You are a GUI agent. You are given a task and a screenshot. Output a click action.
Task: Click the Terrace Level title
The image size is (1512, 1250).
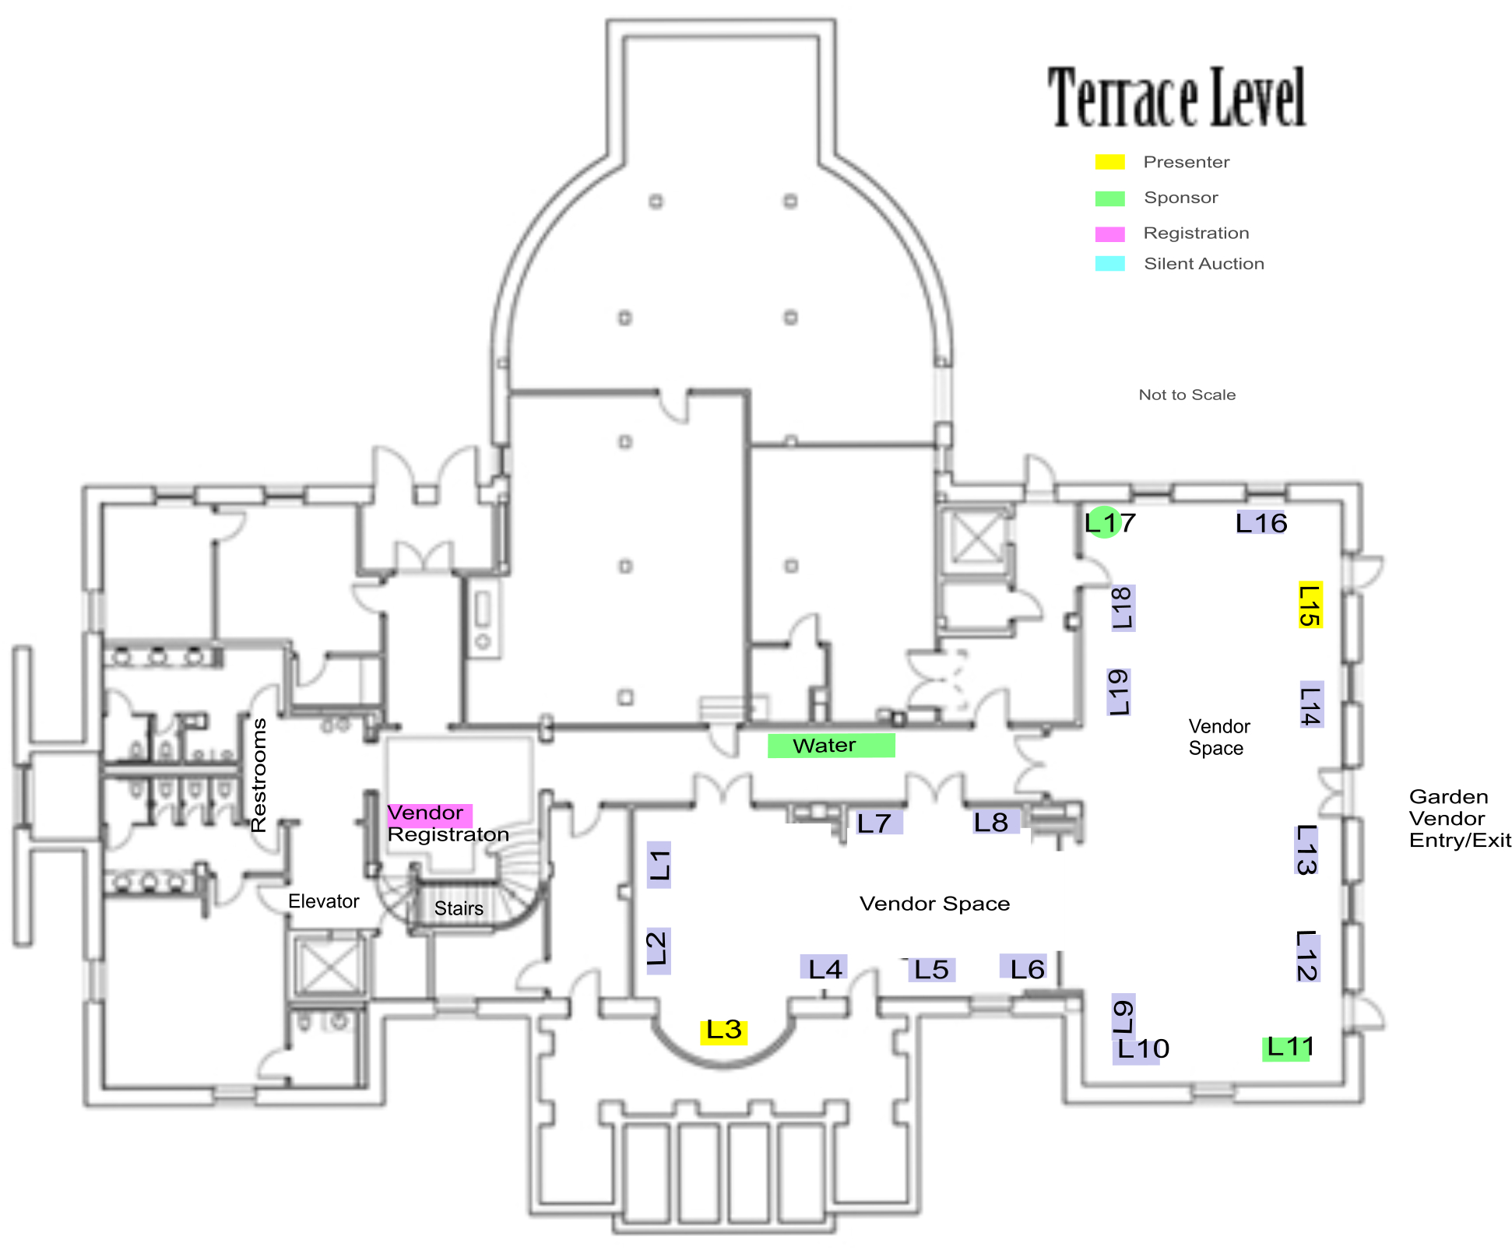(x=1176, y=97)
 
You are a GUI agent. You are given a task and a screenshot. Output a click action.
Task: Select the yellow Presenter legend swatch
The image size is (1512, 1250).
(x=1109, y=162)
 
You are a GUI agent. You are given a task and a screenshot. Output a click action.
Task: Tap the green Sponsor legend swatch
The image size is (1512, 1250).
(x=1109, y=198)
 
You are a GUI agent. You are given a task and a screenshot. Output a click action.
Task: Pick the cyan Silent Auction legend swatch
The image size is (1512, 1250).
(x=1109, y=264)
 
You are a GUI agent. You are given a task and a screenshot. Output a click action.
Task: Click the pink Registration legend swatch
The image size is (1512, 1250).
(x=1109, y=233)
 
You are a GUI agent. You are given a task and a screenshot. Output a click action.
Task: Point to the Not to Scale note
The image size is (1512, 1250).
(x=1187, y=395)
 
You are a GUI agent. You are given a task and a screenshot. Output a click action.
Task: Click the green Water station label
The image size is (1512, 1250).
(x=831, y=746)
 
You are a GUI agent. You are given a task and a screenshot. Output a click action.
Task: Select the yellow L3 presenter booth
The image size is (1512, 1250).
(x=724, y=1031)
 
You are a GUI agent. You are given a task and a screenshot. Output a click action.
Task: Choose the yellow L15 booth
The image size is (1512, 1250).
(x=1310, y=606)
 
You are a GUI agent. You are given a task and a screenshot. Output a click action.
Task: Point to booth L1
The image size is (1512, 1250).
(x=659, y=865)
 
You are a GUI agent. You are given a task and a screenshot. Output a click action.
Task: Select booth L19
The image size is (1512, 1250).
(x=1119, y=692)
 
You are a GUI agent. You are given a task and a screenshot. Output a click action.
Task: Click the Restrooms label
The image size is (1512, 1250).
(x=258, y=775)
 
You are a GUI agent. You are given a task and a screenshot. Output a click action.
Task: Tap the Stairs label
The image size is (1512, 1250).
(x=459, y=908)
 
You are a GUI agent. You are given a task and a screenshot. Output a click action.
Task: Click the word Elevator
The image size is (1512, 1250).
(x=323, y=901)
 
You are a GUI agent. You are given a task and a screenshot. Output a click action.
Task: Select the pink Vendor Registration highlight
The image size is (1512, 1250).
(x=430, y=814)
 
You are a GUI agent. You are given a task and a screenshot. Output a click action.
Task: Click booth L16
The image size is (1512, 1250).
(x=1261, y=523)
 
